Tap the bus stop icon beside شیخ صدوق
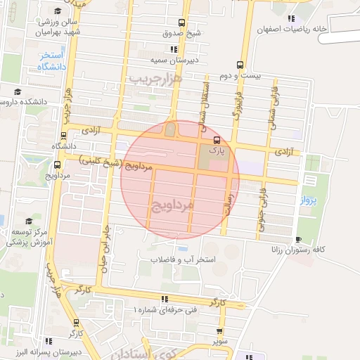click(x=182, y=22)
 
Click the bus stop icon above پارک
click(x=217, y=139)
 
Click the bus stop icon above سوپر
click(x=220, y=330)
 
